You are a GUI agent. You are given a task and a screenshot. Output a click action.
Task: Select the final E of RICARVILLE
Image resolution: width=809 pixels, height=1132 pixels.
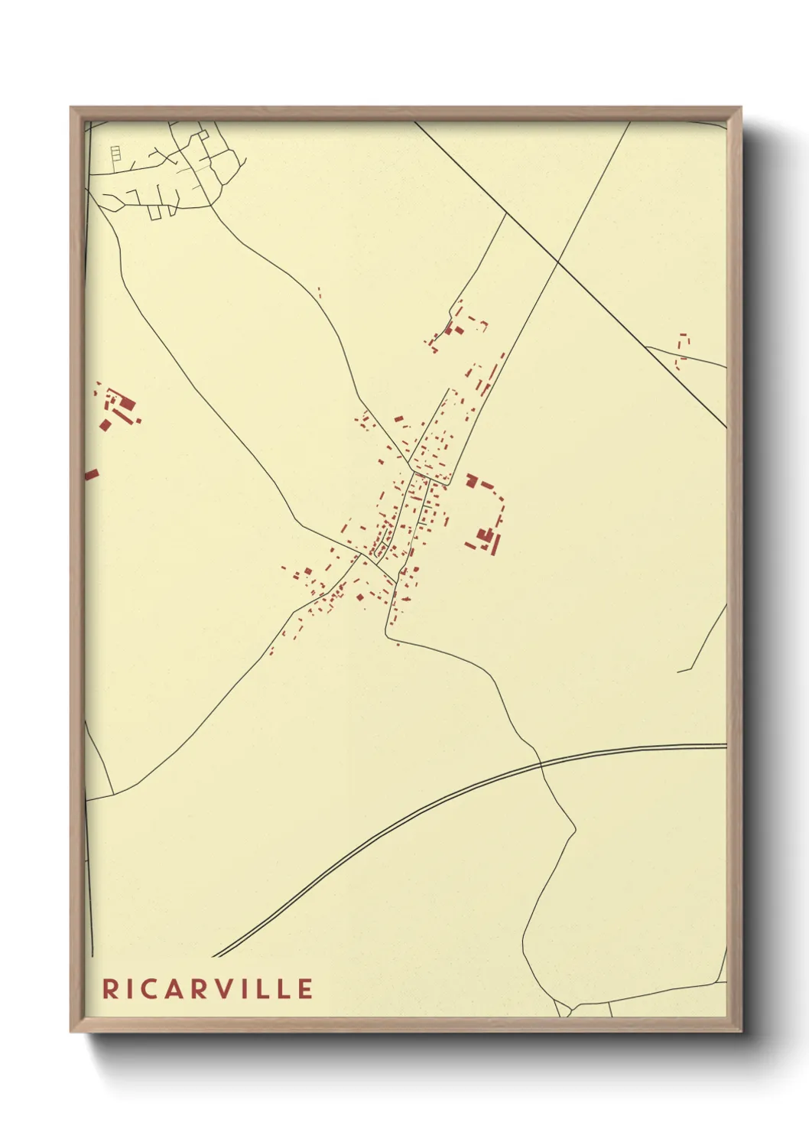(305, 989)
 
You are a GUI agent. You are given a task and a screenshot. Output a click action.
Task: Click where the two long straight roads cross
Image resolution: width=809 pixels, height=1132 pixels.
(558, 262)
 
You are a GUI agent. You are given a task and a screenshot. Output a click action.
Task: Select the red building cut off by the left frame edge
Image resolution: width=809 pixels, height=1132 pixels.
(91, 475)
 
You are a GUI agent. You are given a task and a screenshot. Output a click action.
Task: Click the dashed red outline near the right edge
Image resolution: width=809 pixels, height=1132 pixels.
(682, 347)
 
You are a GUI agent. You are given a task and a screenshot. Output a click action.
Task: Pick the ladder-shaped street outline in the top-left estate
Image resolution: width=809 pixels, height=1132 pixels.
(115, 154)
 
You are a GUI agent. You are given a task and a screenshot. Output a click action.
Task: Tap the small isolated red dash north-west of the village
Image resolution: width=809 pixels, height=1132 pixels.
(319, 292)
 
